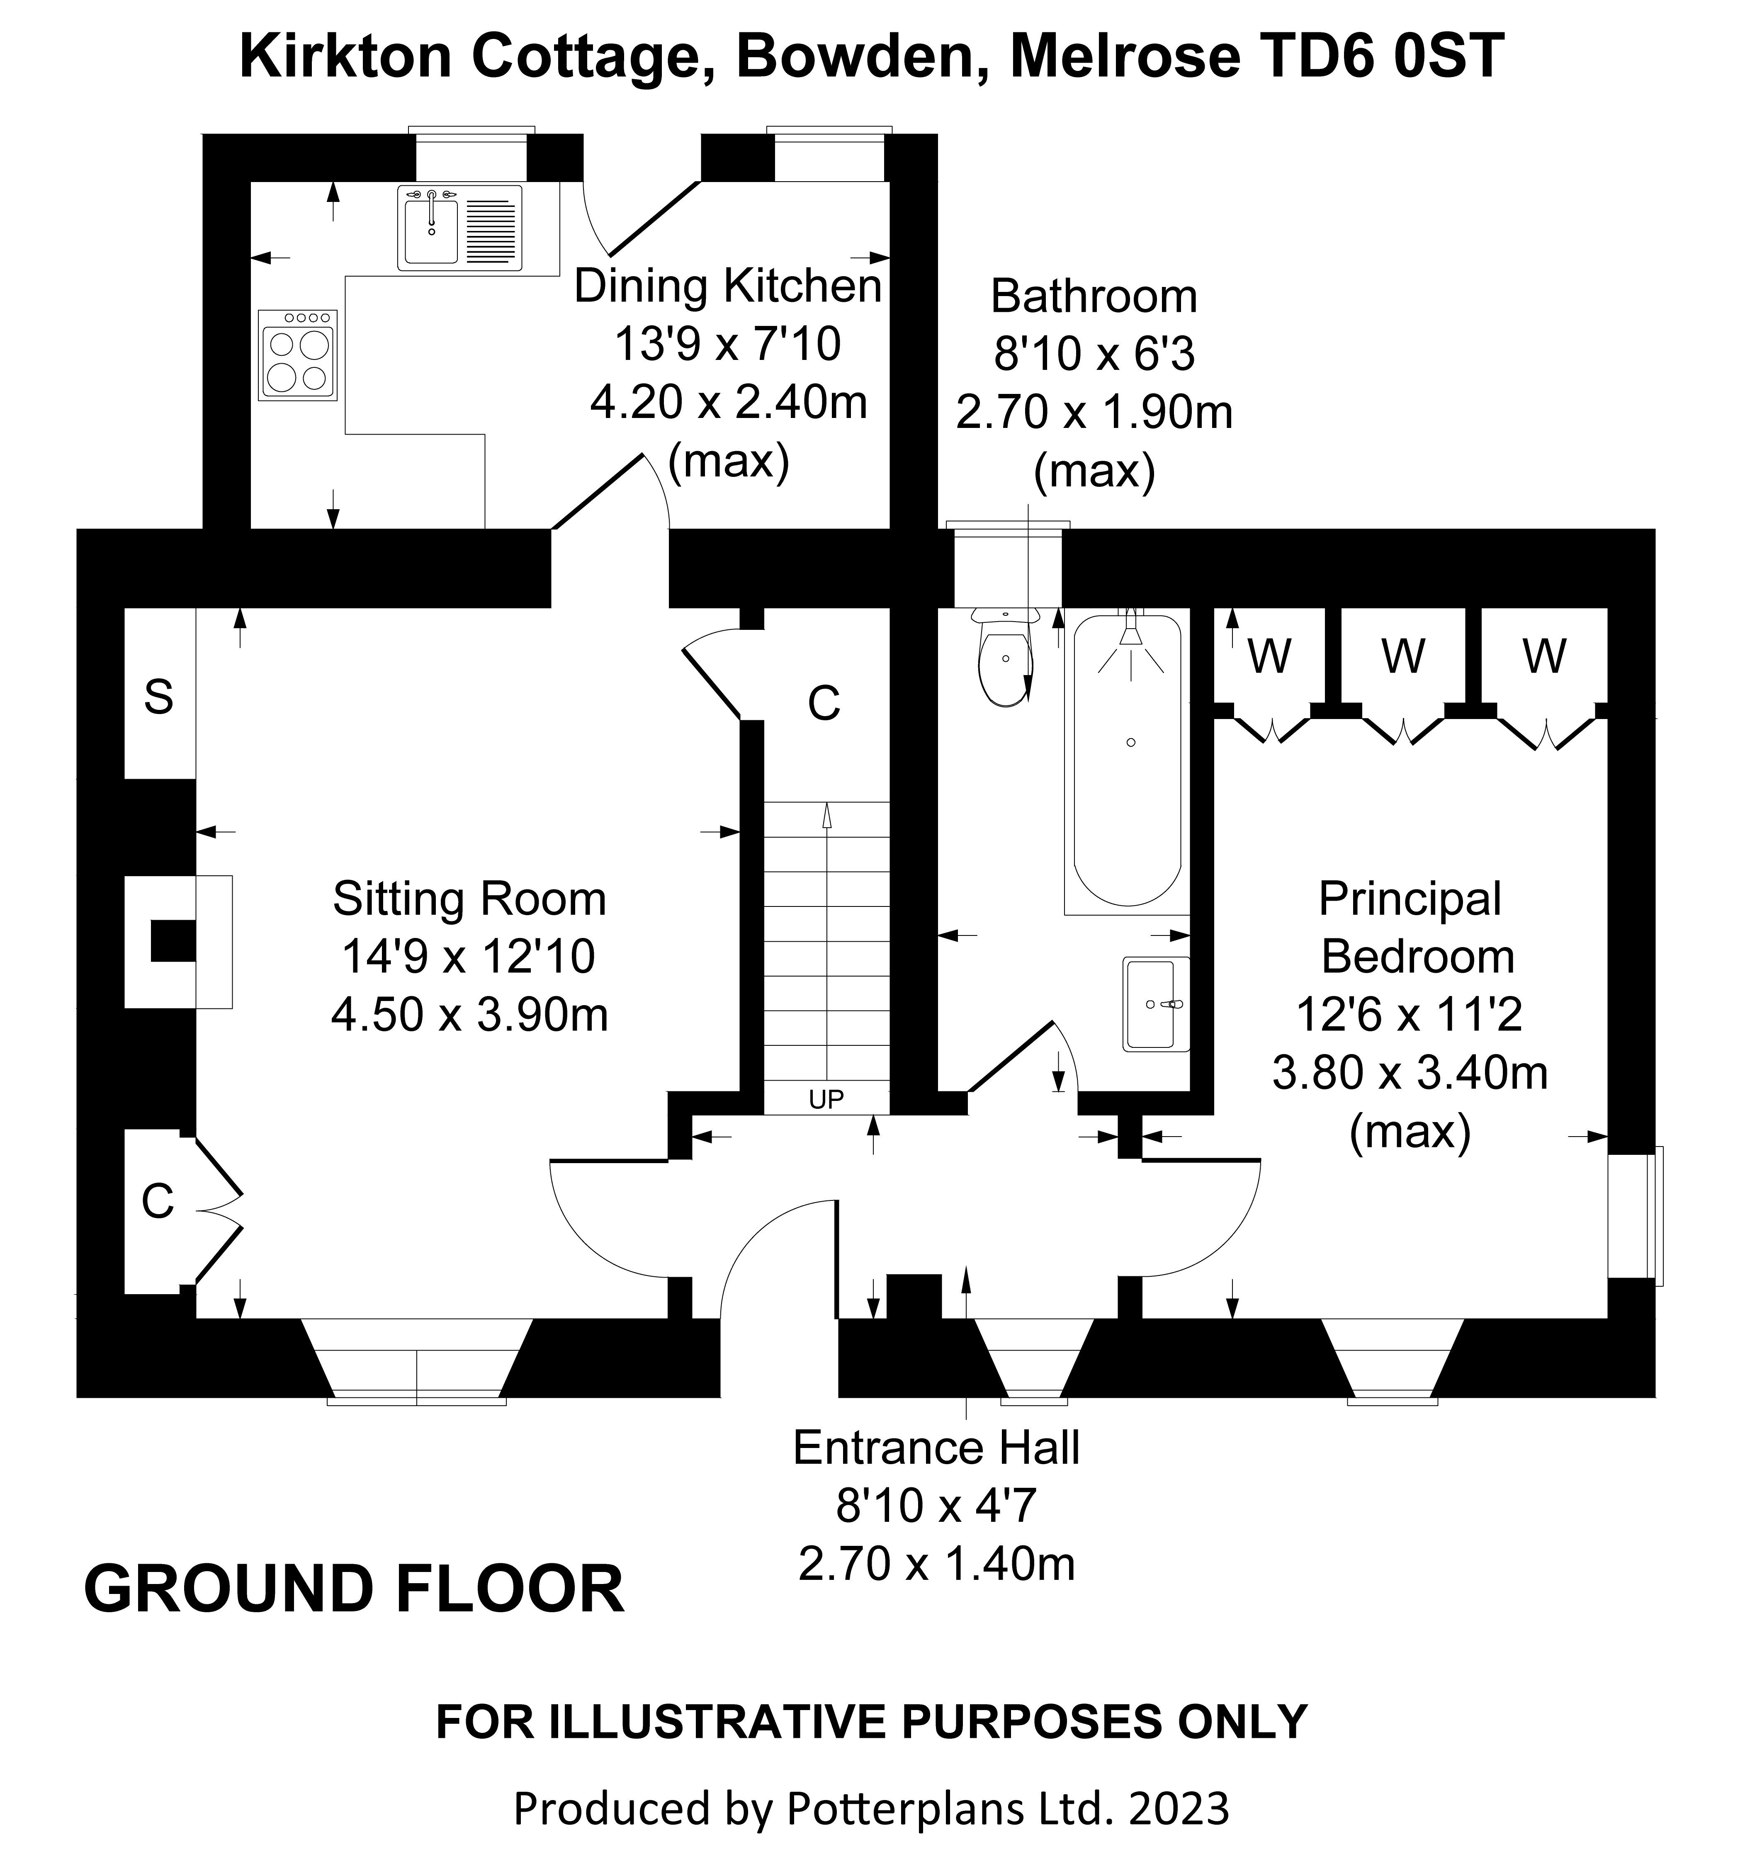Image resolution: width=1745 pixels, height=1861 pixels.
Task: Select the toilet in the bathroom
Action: tap(1004, 660)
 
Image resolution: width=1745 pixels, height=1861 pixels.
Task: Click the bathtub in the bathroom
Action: tap(1127, 758)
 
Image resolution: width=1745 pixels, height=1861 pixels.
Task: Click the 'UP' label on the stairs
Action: tap(826, 1099)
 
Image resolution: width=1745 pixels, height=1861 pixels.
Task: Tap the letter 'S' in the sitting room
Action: tap(158, 697)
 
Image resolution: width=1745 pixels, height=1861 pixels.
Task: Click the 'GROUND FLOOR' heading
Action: tap(354, 1589)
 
